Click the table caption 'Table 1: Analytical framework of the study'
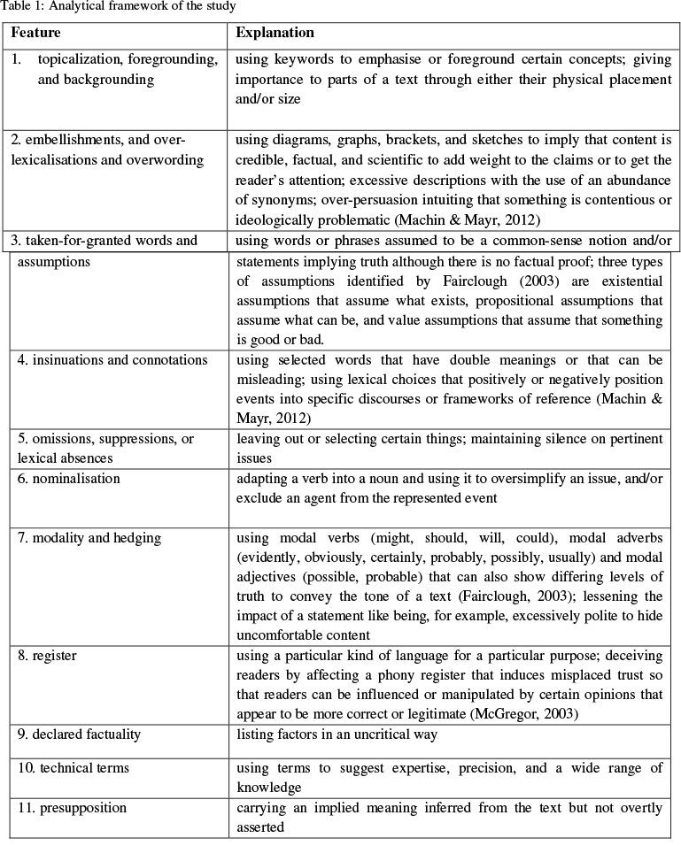tap(118, 7)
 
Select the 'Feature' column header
tap(36, 33)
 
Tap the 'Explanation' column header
tap(275, 33)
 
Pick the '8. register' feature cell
tap(47, 657)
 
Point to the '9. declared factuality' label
tap(79, 734)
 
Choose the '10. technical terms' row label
tap(74, 767)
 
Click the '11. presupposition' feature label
tap(72, 808)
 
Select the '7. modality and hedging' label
tap(89, 538)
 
